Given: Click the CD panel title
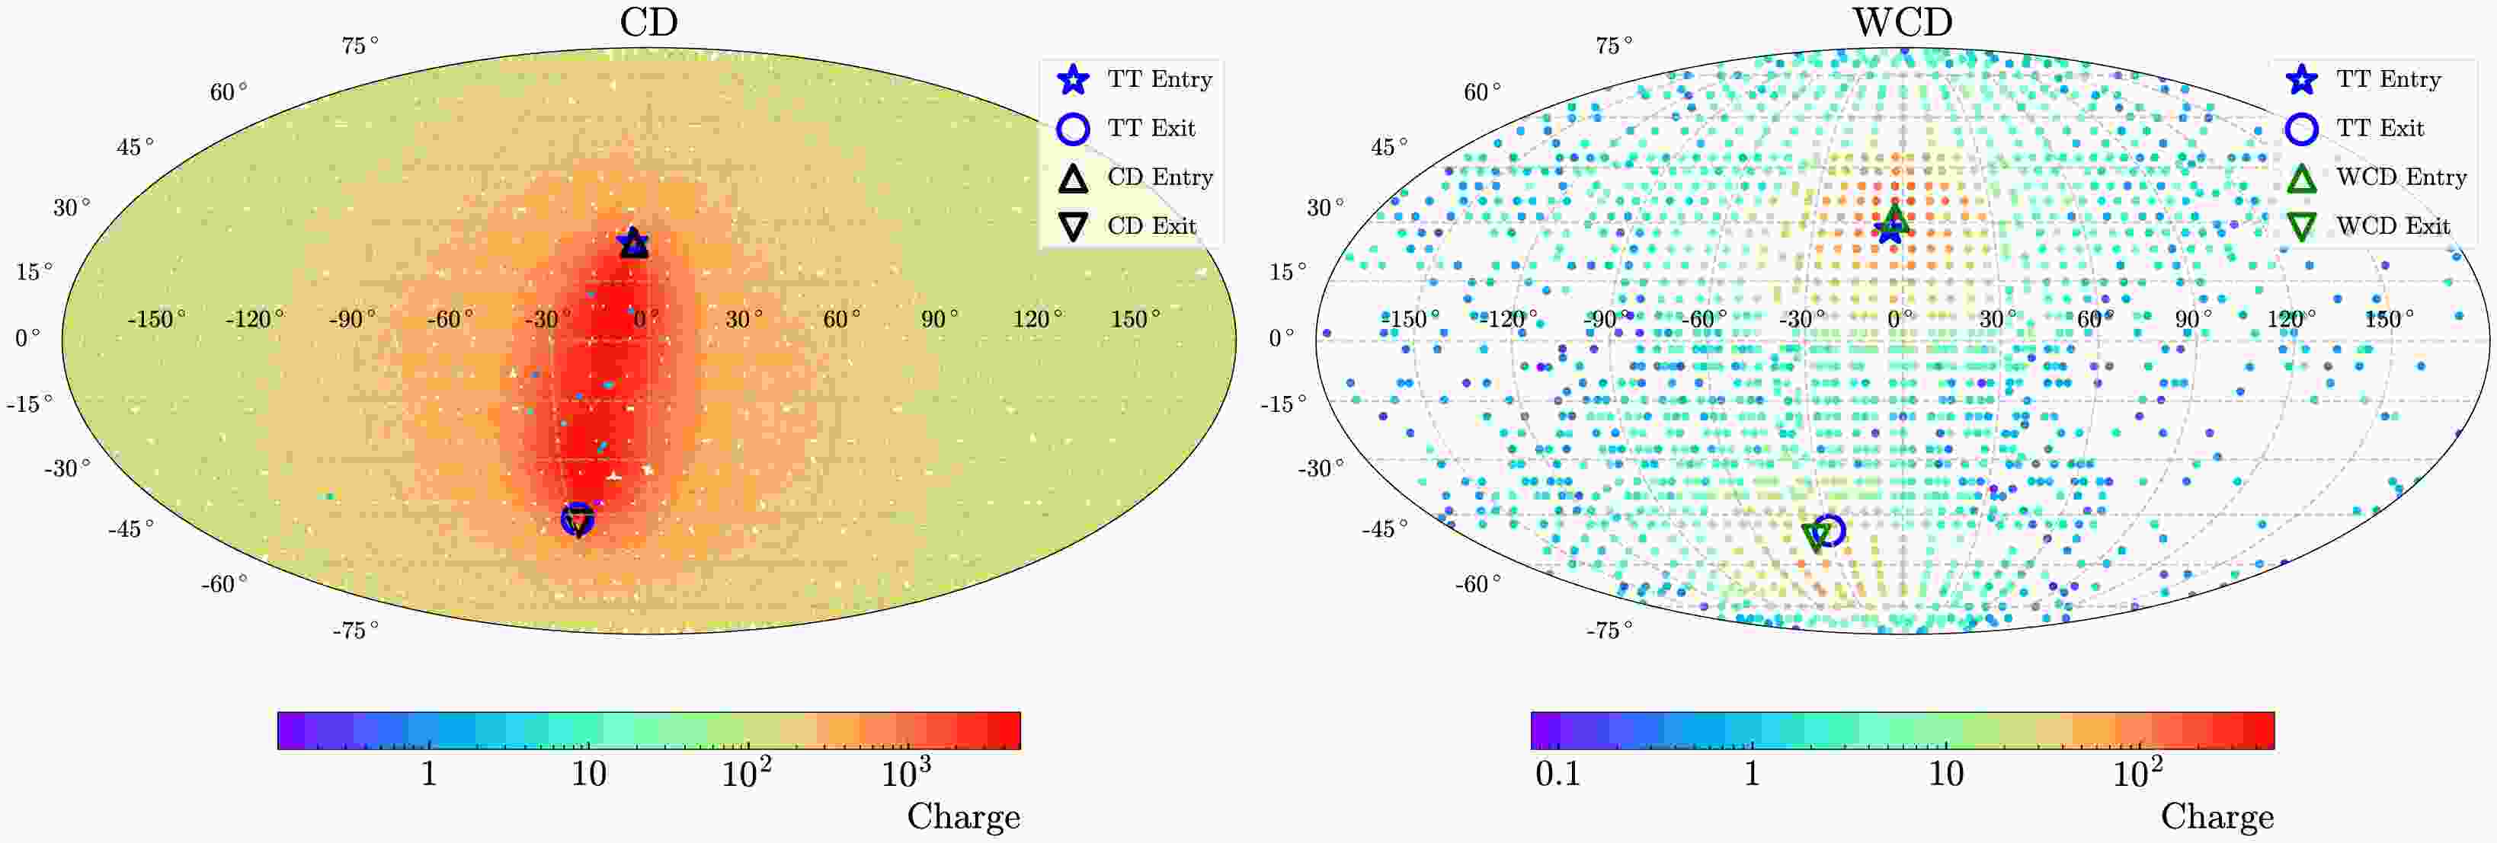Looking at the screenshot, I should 648,21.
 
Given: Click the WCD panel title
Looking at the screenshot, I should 1902,21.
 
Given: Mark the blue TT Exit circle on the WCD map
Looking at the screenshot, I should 1830,530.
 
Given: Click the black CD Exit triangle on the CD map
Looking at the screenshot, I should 578,522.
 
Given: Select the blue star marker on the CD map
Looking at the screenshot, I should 632,241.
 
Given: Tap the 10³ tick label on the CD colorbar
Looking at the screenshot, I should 905,773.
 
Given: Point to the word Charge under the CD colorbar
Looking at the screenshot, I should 962,817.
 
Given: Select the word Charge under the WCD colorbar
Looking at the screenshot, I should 2216,817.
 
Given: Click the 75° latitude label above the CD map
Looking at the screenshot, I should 360,46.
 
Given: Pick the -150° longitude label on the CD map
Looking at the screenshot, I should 157,319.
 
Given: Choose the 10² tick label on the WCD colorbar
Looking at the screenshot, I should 2137,773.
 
